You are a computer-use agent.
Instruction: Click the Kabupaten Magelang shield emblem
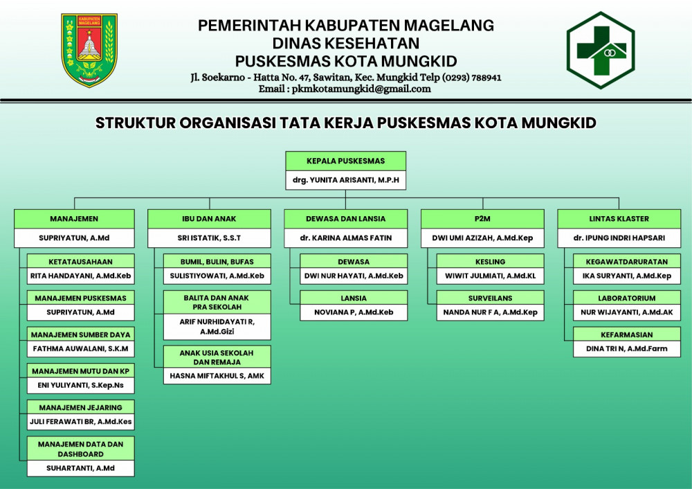pos(89,50)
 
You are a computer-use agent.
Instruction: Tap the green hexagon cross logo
pos(600,50)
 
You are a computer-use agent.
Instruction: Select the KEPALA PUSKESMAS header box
pos(345,161)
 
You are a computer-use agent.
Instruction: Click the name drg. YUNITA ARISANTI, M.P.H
pos(345,181)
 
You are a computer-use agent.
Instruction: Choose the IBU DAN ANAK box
pos(209,219)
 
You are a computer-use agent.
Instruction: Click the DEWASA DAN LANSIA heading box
pos(345,219)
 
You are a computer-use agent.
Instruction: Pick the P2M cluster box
pos(482,219)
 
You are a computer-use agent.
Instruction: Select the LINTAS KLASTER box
pos(619,219)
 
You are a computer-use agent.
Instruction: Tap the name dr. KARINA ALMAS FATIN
pos(345,238)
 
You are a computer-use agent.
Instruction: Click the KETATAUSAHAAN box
pos(80,262)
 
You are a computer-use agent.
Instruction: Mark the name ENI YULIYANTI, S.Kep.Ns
pos(80,384)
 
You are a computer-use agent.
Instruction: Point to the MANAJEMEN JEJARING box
pos(80,407)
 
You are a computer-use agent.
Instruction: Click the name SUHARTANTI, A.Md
pos(80,468)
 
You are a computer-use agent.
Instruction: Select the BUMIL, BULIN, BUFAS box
pos(217,262)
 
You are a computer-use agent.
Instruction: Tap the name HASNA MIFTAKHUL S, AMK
pos(217,376)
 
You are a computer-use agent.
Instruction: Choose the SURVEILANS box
pos(490,299)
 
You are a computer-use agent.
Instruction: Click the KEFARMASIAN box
pos(626,335)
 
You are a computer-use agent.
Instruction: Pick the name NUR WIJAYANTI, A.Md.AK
pos(626,312)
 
